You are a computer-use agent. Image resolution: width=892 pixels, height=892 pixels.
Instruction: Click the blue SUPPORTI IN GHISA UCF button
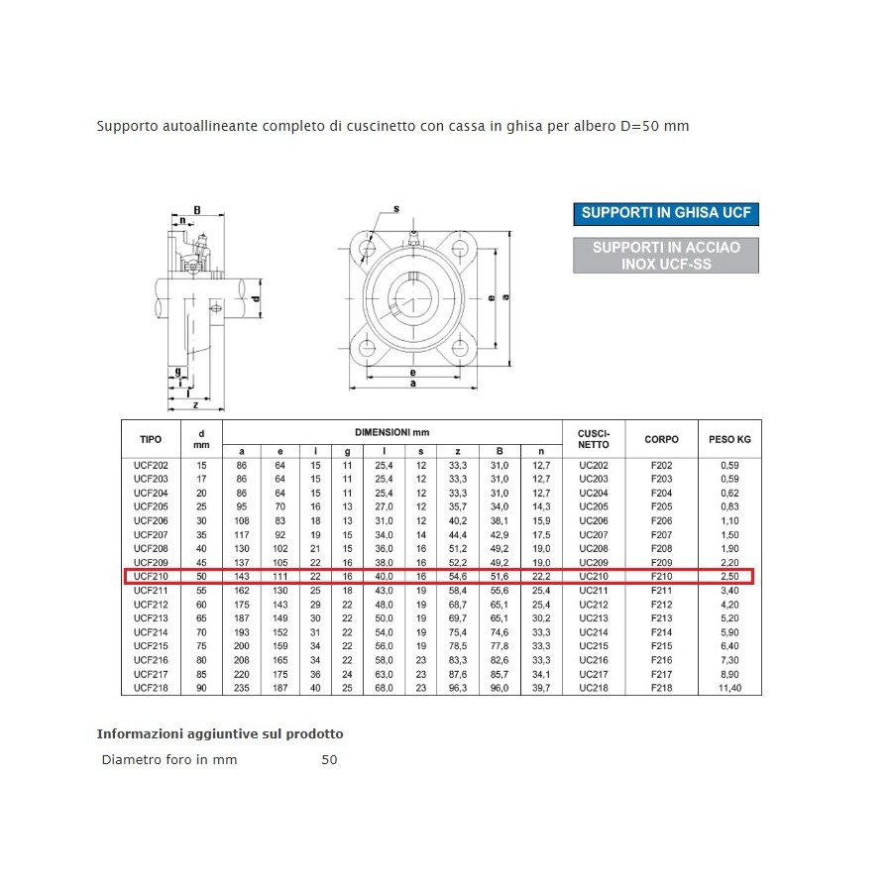[x=666, y=213]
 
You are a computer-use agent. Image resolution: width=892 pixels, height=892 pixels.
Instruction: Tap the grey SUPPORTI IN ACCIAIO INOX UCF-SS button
[x=666, y=256]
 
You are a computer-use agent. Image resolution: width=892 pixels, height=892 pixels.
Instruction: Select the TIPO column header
[x=151, y=438]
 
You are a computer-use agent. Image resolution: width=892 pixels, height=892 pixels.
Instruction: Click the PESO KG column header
[x=730, y=438]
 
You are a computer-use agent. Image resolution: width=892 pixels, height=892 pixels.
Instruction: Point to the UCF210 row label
[x=151, y=576]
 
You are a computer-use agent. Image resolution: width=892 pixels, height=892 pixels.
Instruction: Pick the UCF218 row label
[x=151, y=688]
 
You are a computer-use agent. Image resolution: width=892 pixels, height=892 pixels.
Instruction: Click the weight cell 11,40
[x=730, y=688]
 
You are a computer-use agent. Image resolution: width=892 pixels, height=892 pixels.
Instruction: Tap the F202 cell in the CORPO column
[x=661, y=465]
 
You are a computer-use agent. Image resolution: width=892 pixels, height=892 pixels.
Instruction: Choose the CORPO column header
[x=661, y=438]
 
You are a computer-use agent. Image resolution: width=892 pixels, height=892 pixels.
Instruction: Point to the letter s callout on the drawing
[x=395, y=209]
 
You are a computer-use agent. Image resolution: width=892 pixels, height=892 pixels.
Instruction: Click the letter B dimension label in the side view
[x=196, y=210]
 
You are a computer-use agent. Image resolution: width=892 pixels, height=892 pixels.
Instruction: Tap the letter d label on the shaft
[x=255, y=299]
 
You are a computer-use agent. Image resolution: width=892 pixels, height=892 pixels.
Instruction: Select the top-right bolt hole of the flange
[x=459, y=248]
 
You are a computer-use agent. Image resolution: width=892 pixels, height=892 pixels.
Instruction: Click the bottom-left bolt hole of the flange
[x=368, y=348]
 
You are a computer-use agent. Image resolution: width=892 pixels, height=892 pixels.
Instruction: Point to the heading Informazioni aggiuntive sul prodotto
[x=220, y=734]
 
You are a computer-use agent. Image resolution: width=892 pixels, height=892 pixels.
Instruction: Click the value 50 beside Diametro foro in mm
[x=329, y=760]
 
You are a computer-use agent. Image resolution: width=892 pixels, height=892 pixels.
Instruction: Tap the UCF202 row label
[x=151, y=465]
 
